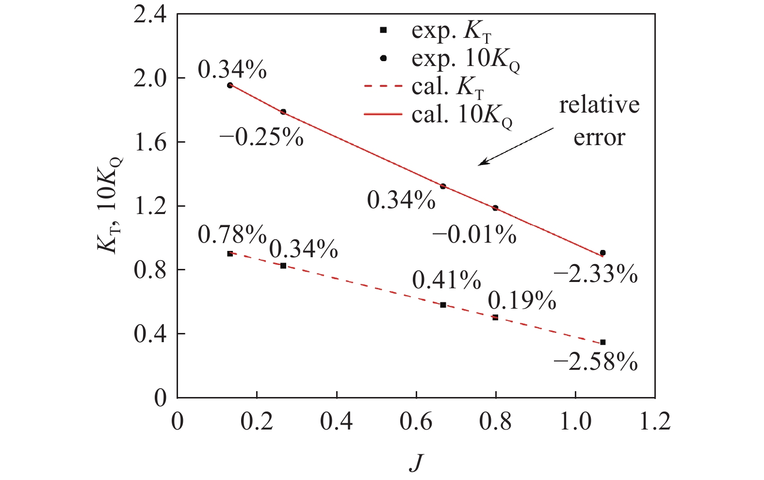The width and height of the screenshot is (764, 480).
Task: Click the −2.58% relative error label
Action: (x=595, y=362)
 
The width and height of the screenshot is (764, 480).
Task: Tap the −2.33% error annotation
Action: (x=595, y=275)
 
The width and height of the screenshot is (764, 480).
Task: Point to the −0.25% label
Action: (x=261, y=138)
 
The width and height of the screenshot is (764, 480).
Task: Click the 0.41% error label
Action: (x=446, y=280)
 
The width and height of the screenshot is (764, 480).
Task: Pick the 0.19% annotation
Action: (x=521, y=301)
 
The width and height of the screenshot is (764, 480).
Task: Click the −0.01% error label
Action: (x=474, y=235)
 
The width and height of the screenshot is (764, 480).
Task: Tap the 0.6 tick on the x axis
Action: (x=416, y=422)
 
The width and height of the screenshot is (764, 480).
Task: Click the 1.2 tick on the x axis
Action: (x=654, y=422)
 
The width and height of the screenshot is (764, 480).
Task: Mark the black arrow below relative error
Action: (x=515, y=147)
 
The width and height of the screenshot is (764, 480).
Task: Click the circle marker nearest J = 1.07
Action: (x=602, y=253)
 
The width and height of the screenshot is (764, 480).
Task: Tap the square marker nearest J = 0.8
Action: (x=495, y=317)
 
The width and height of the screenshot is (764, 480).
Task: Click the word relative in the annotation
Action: (x=599, y=105)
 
